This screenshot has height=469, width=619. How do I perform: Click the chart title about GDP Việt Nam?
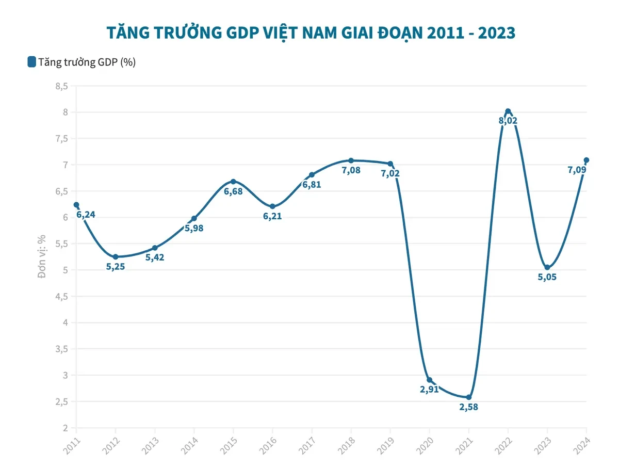[x=311, y=33]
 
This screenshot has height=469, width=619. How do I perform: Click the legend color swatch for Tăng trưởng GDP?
[x=31, y=62]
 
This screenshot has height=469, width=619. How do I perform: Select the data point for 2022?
[x=508, y=111]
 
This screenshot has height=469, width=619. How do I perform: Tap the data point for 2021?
[x=469, y=397]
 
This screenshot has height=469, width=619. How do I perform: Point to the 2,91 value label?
[x=429, y=390]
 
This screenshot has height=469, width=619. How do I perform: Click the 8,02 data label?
[x=508, y=121]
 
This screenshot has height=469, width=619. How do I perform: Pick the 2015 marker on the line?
[x=233, y=182]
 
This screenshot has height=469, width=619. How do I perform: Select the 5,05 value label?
[x=547, y=277]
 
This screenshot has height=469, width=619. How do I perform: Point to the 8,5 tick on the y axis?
[x=62, y=86]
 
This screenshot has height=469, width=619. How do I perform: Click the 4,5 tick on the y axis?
[x=62, y=297]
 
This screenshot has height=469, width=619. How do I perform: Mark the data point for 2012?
[x=116, y=256]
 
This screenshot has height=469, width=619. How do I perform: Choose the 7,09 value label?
[x=576, y=169]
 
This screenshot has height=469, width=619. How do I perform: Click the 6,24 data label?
[x=86, y=214]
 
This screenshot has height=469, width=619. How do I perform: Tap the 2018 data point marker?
[x=351, y=160]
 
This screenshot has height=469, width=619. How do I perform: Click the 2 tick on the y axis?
[x=66, y=428]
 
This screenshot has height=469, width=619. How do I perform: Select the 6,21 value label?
[x=272, y=216]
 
